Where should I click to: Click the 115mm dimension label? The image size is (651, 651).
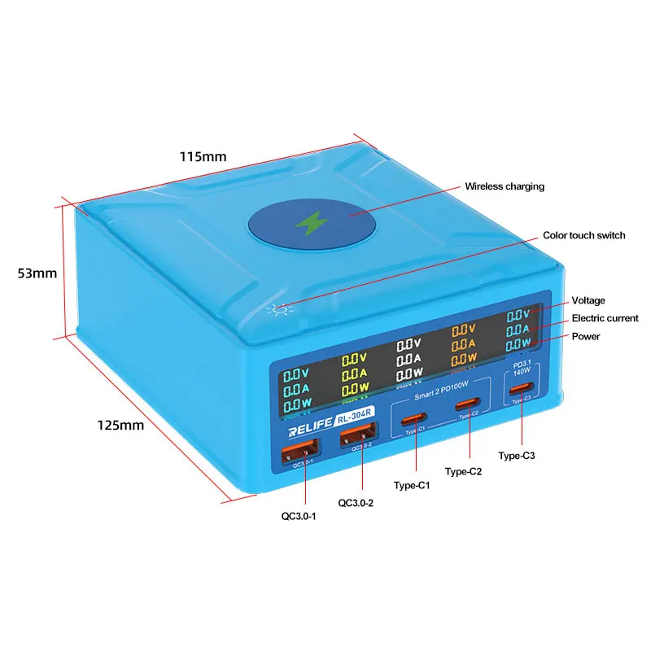[x=203, y=156]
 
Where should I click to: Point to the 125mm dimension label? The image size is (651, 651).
[x=120, y=425]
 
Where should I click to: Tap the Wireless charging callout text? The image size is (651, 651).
[x=505, y=186]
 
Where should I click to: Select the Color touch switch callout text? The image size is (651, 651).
[x=584, y=235]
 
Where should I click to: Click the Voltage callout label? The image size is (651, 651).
[x=588, y=300]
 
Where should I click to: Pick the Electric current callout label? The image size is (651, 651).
[x=605, y=318]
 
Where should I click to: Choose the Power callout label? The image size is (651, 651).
[x=586, y=336]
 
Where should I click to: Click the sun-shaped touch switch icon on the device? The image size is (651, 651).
[x=282, y=310]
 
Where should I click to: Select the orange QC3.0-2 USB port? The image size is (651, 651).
[x=358, y=444]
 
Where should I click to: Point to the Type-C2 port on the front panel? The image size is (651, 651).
[x=467, y=404]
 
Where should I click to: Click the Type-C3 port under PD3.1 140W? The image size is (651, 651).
[x=521, y=389]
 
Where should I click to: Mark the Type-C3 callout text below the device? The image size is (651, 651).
[x=517, y=456]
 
